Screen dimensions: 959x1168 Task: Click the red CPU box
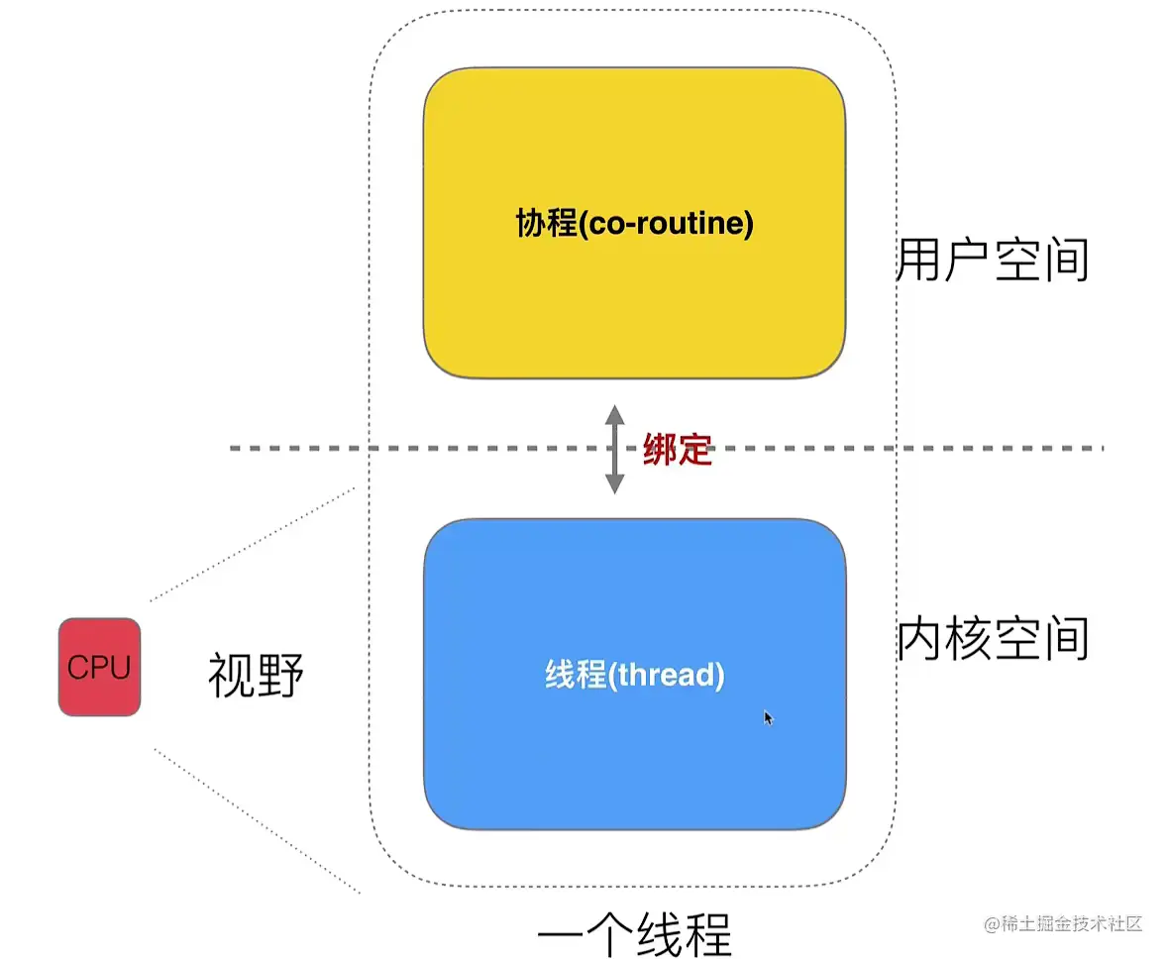click(x=99, y=667)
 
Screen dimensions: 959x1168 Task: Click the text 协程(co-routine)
click(x=635, y=224)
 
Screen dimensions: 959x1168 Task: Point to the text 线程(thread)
click(x=635, y=676)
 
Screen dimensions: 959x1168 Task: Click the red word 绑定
click(x=677, y=450)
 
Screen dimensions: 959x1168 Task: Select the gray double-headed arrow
click(x=615, y=450)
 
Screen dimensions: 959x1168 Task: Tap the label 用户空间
click(x=992, y=261)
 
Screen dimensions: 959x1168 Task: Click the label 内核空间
click(x=992, y=640)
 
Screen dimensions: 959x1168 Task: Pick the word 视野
click(x=256, y=677)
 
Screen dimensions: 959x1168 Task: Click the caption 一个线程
click(x=634, y=934)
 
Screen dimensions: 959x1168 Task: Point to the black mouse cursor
click(x=768, y=717)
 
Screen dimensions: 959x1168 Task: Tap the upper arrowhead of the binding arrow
click(x=615, y=414)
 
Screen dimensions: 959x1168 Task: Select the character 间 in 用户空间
click(x=1066, y=261)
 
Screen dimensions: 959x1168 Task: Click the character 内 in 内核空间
click(x=919, y=640)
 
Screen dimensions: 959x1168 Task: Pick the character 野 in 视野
click(x=279, y=677)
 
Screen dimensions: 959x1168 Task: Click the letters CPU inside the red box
click(x=99, y=668)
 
